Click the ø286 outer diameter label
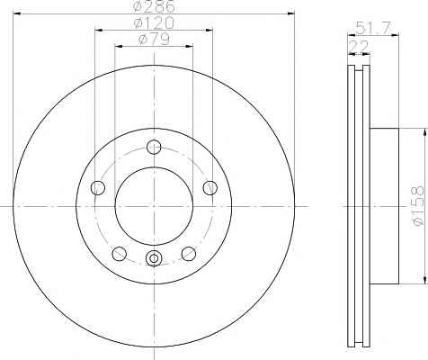(155, 7)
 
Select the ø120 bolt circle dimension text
(155, 22)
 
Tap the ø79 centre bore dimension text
(155, 39)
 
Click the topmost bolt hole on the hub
(154, 148)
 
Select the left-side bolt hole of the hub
(98, 187)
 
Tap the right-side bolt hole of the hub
(210, 187)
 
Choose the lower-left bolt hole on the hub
(119, 253)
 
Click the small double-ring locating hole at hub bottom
(154, 260)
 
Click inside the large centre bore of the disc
(154, 206)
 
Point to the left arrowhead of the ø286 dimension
(17, 13)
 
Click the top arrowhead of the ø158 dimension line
(419, 130)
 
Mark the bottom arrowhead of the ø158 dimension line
(419, 281)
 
